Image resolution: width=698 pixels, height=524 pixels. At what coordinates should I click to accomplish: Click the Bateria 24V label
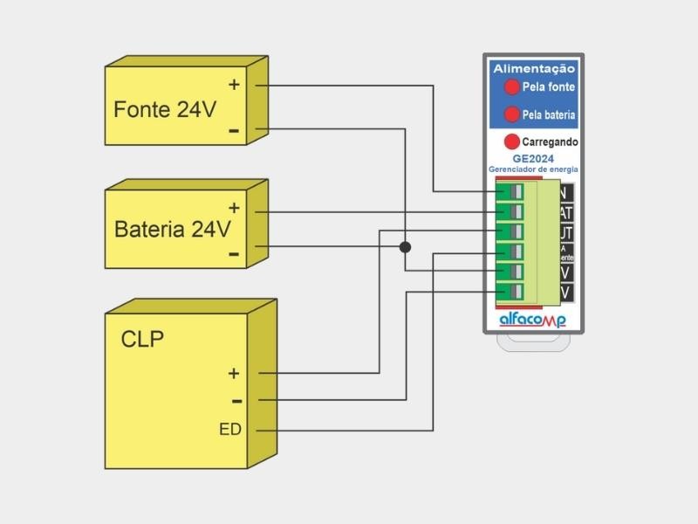[173, 230]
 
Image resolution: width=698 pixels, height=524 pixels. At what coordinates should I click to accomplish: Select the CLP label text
[141, 339]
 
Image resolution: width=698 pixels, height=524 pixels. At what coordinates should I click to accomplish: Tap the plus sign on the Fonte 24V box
[234, 85]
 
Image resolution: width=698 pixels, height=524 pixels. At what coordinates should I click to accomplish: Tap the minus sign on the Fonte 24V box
[234, 131]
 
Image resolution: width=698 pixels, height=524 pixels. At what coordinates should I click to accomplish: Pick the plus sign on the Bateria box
[234, 208]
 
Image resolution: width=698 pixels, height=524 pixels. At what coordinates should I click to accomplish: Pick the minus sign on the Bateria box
[234, 253]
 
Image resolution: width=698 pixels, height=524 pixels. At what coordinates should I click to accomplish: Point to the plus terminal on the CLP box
[233, 373]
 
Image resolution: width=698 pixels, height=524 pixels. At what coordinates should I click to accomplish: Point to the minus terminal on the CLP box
[236, 401]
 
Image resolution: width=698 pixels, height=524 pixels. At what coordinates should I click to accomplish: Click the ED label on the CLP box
[230, 430]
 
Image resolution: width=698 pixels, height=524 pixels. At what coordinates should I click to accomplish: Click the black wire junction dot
[405, 247]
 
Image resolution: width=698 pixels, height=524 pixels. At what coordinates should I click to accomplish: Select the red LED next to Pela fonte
[511, 86]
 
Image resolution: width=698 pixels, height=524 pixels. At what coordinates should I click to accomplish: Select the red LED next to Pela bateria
[511, 114]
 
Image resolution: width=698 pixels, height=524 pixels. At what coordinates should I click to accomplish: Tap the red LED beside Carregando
[512, 141]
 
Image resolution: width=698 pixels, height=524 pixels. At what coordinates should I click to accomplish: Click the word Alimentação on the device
[534, 67]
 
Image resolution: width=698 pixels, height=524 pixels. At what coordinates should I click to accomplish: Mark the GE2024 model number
[533, 158]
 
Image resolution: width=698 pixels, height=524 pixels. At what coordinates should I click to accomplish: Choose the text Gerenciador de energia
[533, 169]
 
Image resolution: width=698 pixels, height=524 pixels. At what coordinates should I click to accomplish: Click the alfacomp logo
[532, 321]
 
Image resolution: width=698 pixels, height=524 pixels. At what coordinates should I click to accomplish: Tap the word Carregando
[550, 141]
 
